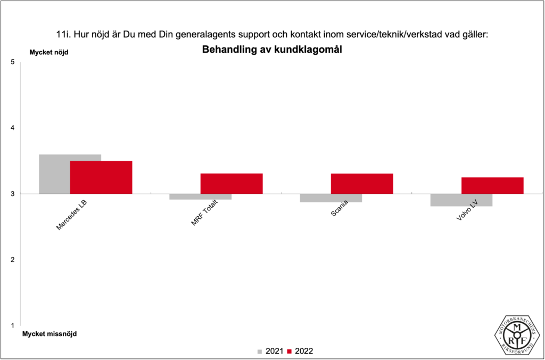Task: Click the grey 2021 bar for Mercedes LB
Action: (55, 174)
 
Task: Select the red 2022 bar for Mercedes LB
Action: (101, 177)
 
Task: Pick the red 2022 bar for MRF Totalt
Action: (232, 183)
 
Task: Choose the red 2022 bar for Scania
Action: (362, 183)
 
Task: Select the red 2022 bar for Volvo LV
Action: (492, 185)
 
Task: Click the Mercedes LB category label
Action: (72, 215)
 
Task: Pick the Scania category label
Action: (340, 209)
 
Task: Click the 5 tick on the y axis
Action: (12, 62)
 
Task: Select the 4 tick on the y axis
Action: (12, 128)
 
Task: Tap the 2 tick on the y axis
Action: (12, 259)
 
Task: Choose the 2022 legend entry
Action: (300, 351)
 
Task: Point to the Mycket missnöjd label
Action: (49, 334)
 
